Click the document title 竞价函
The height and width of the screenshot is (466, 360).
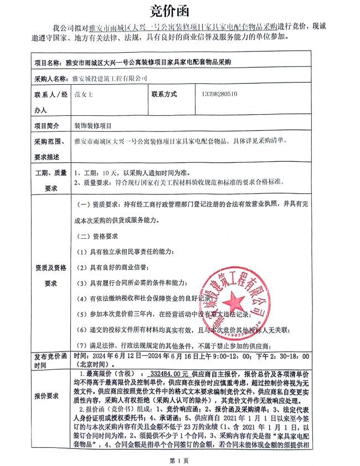click(x=179, y=11)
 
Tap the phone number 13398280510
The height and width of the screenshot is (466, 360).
click(x=217, y=94)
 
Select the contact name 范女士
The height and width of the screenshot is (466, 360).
click(x=84, y=94)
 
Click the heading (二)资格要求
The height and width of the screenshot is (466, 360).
click(x=98, y=235)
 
